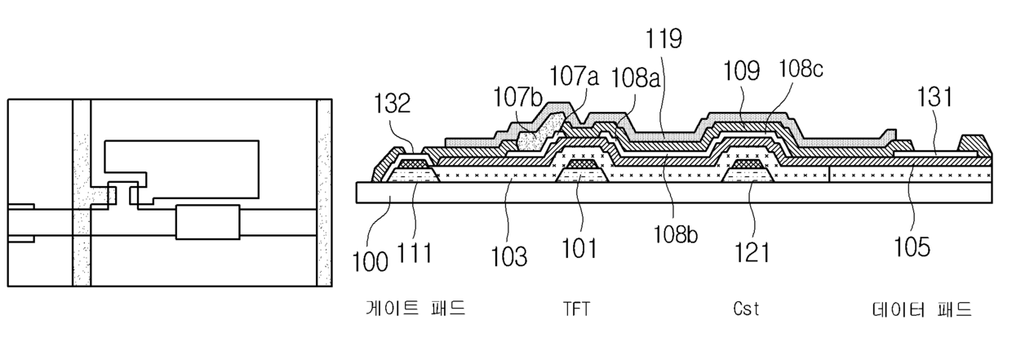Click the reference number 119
(662, 38)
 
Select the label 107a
(575, 78)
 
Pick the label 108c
(801, 69)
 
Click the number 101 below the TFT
(583, 246)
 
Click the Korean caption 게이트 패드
(415, 310)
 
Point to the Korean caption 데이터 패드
(920, 310)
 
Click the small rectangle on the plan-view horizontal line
(208, 222)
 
